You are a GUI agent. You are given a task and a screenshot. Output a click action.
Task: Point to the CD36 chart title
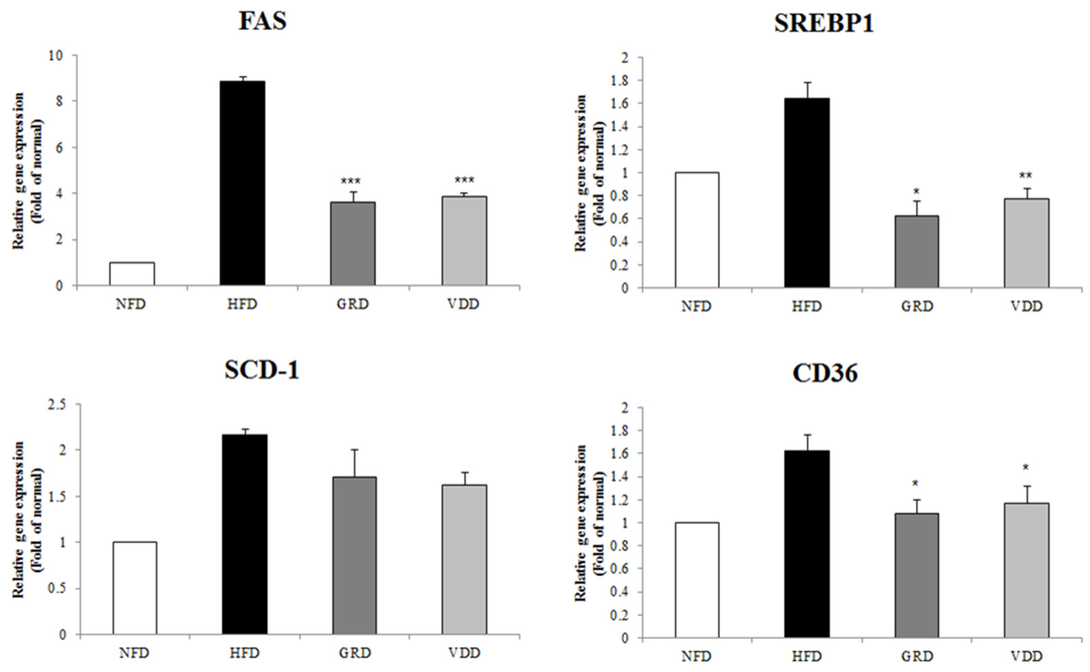pos(825,373)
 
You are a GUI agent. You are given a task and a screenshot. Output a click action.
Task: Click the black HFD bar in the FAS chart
pos(242,183)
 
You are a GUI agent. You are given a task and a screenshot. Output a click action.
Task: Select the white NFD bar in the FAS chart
pos(132,274)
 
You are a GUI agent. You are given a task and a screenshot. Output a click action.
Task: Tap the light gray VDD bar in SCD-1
pos(464,560)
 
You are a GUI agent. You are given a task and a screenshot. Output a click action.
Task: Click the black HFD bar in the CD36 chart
pos(807,545)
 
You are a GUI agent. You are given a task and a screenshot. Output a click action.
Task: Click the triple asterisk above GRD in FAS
pos(351,181)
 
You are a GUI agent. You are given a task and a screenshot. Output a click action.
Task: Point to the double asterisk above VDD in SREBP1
pos(1026,176)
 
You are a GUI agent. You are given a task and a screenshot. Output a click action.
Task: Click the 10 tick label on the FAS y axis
pos(58,56)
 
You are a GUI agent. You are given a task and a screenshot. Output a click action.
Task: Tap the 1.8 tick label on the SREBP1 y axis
pos(620,80)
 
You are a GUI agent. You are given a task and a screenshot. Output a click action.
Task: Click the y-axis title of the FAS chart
pos(27,171)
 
